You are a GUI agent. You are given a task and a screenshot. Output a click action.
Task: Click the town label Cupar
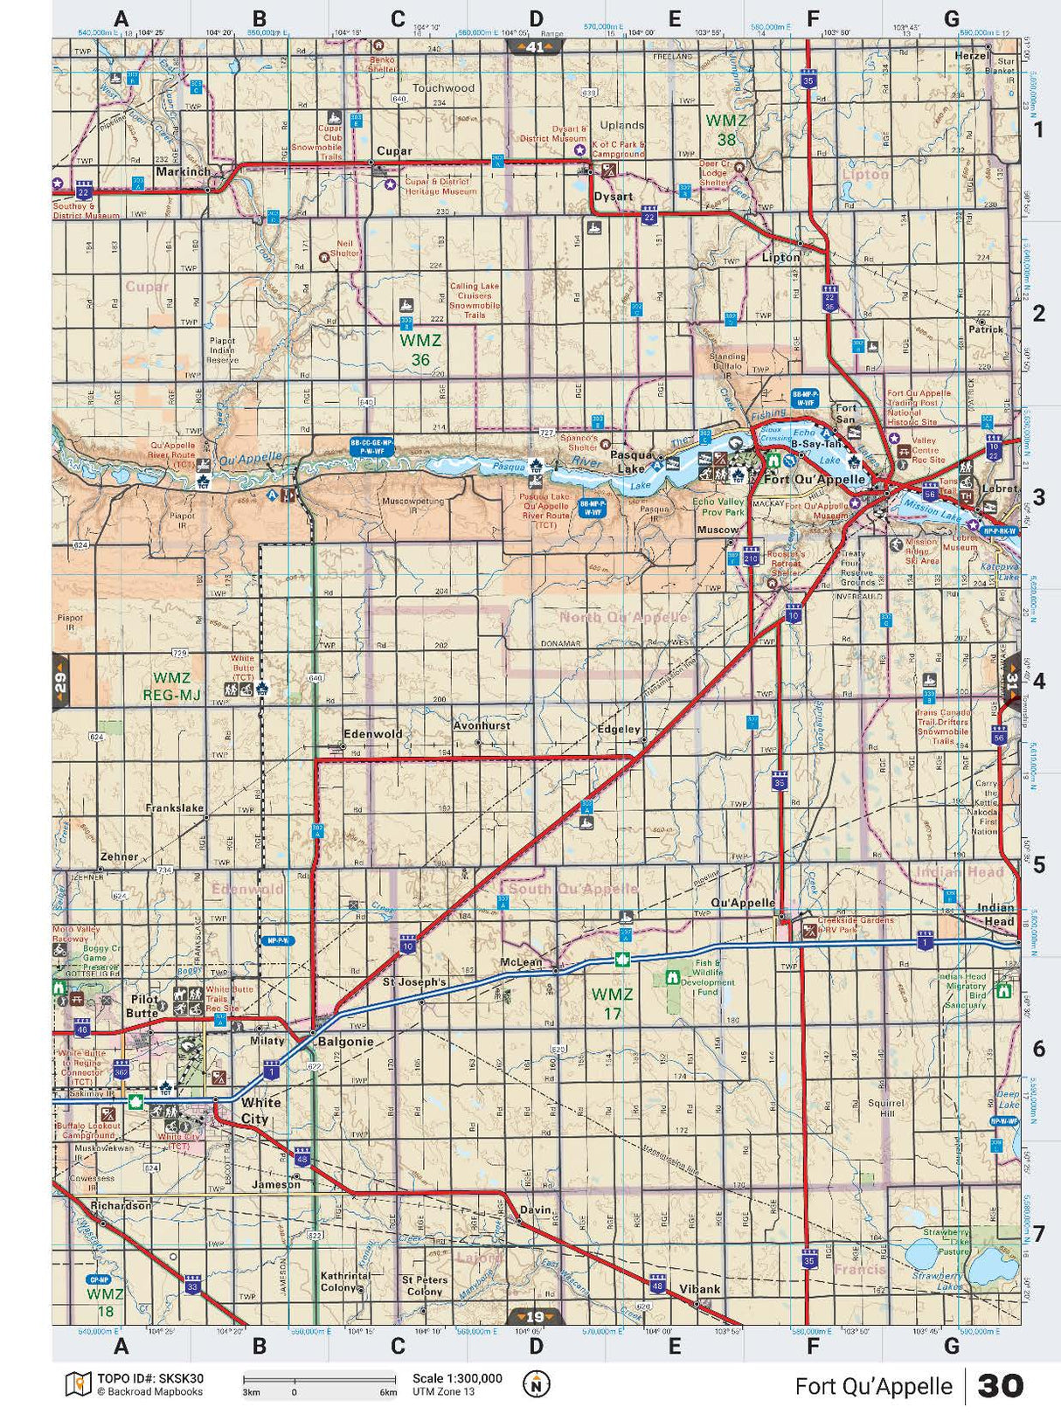click(393, 151)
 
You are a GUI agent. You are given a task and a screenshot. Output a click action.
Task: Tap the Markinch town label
click(184, 172)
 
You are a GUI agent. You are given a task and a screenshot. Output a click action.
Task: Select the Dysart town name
click(613, 197)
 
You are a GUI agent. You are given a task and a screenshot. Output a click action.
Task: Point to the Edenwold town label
click(372, 734)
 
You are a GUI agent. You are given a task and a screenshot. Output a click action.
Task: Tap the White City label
click(260, 1111)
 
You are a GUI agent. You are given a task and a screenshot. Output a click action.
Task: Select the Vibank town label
click(699, 1289)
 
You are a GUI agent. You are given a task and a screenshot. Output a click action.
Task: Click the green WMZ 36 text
click(420, 350)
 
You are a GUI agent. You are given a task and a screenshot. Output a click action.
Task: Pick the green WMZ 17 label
click(612, 1003)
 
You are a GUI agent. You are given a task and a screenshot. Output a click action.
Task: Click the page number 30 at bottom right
click(1000, 1386)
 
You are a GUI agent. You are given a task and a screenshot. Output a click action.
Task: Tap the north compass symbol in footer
click(537, 1384)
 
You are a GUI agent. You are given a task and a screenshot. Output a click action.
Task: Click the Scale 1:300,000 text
click(457, 1379)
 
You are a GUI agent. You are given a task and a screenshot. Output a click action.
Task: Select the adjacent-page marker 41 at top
click(535, 47)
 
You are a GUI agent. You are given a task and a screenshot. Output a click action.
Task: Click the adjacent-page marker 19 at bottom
click(535, 1317)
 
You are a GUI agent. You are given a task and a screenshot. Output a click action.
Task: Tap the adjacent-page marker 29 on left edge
click(60, 683)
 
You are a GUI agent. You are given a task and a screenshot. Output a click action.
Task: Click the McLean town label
click(521, 962)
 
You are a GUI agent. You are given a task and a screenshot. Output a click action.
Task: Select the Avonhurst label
click(481, 726)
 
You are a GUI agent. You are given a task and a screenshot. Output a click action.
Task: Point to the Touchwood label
click(443, 88)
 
